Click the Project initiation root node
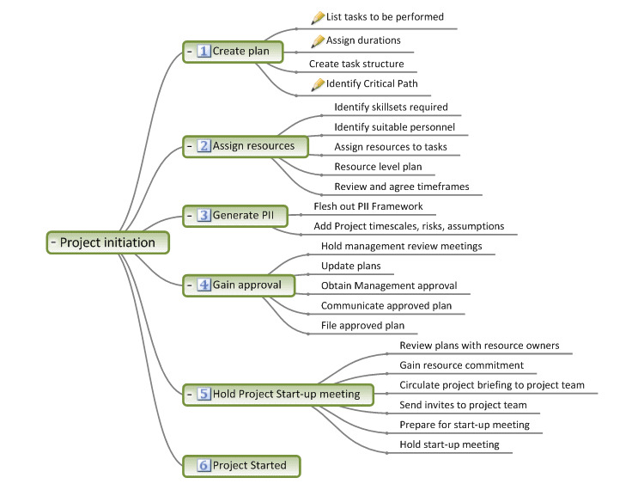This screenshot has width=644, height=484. tap(107, 242)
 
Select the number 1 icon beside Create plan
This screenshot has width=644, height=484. tap(204, 51)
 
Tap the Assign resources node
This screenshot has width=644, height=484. tap(246, 146)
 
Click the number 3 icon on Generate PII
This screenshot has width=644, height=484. tap(204, 215)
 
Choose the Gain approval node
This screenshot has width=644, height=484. tap(239, 285)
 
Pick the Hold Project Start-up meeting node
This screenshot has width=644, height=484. tap(278, 395)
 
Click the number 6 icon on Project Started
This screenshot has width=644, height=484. tap(204, 465)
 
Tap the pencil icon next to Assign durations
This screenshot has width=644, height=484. tap(318, 40)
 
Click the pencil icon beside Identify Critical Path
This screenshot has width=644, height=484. tap(318, 84)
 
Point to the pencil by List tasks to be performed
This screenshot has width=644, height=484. tap(318, 17)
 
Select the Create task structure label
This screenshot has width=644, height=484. tap(356, 64)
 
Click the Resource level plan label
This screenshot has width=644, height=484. tap(378, 167)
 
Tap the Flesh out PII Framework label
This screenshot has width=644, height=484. tap(368, 206)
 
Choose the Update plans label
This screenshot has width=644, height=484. tap(350, 266)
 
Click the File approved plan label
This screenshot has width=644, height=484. tap(362, 325)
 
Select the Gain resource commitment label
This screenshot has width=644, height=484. tap(461, 365)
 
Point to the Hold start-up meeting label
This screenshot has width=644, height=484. tap(449, 444)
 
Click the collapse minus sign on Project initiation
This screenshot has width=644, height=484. tap(53, 242)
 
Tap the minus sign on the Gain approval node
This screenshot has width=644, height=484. tap(190, 285)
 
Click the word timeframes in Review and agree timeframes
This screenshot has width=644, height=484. tap(443, 187)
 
